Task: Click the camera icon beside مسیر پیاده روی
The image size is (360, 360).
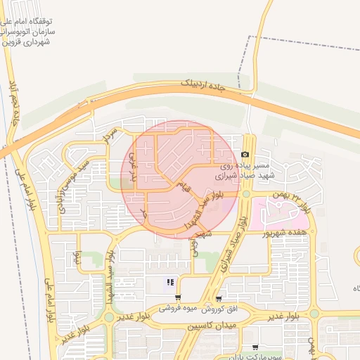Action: pos(245,155)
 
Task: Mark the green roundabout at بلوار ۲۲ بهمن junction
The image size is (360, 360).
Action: pos(247,194)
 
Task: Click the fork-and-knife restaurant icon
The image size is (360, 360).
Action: pos(169,283)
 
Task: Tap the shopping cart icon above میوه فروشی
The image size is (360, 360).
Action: pos(178,298)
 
